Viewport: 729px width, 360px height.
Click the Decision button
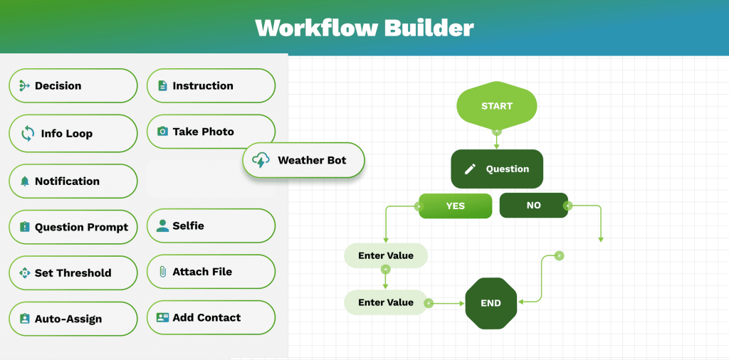click(x=73, y=86)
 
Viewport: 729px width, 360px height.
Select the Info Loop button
click(x=73, y=133)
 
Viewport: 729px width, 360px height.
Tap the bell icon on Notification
click(x=25, y=181)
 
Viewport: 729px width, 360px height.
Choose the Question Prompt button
click(x=73, y=228)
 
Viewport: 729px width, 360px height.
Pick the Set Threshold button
click(x=73, y=273)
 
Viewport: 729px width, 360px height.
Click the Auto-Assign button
click(x=73, y=319)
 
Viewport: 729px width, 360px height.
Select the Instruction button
click(x=211, y=86)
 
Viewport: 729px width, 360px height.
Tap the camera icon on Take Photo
click(x=162, y=132)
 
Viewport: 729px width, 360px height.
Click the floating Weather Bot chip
click(x=303, y=161)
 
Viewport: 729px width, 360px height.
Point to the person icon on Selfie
click(x=162, y=226)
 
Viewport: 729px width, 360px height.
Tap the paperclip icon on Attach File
click(x=162, y=272)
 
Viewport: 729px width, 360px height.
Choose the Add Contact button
click(x=211, y=318)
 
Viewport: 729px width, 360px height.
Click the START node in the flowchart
click(x=496, y=106)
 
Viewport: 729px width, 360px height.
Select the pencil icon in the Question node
click(x=470, y=169)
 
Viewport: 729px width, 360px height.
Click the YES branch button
click(x=455, y=206)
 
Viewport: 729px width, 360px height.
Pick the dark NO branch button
click(x=533, y=205)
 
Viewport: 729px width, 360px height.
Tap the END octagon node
click(x=491, y=303)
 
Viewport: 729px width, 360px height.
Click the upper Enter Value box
click(x=386, y=256)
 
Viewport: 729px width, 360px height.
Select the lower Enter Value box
click(x=386, y=302)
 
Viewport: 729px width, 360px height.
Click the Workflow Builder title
click(x=364, y=28)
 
